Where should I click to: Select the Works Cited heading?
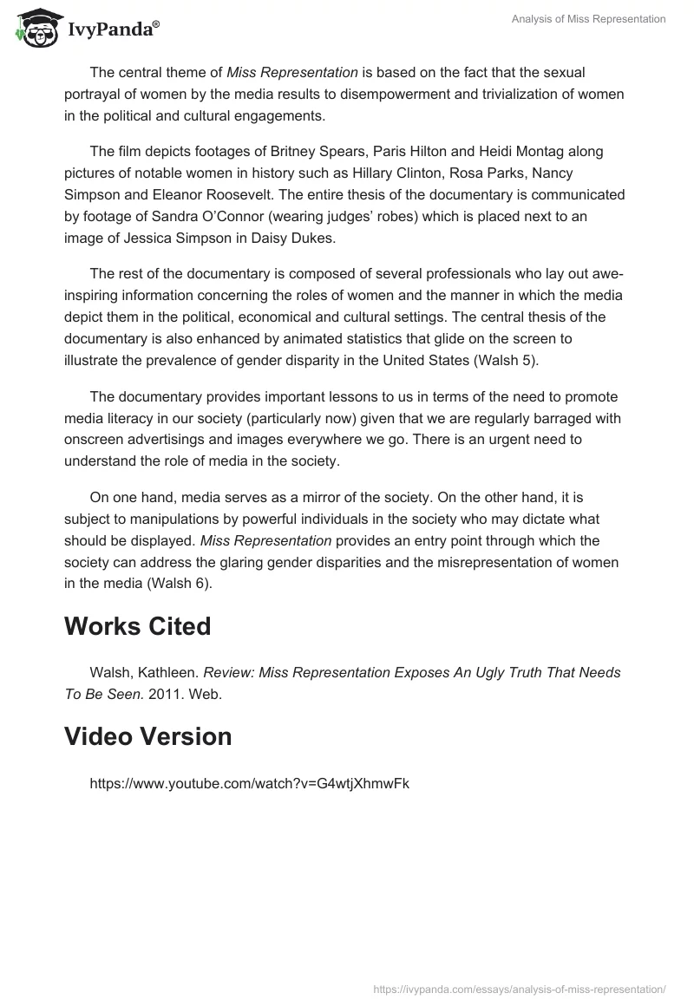click(x=137, y=626)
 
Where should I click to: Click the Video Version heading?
click(x=147, y=736)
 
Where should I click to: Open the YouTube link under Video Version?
click(x=249, y=783)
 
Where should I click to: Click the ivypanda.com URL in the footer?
click(x=519, y=989)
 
